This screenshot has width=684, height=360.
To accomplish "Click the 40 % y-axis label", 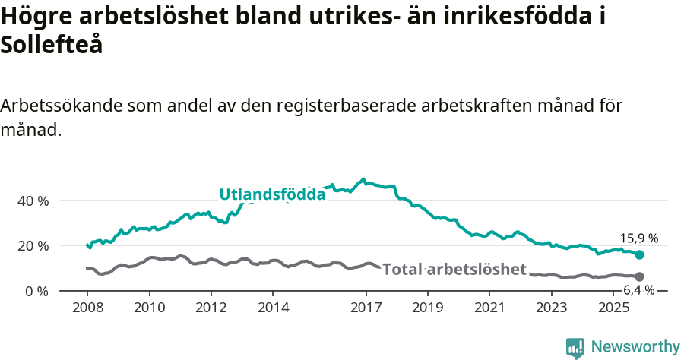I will point(32,201).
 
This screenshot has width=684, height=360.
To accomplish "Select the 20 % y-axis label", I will point(32,246).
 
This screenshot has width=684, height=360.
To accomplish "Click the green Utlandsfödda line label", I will point(272,194).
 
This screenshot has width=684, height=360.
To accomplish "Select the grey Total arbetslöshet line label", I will point(454,270).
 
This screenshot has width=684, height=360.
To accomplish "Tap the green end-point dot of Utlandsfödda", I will point(640,255).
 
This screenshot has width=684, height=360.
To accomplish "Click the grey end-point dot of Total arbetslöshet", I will point(640,276).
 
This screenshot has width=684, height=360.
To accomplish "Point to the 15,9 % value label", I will point(639,238).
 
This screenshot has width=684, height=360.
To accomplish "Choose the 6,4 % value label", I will point(638,290).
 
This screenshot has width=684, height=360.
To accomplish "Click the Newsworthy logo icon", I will point(575,347).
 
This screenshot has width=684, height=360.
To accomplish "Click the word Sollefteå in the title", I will point(52,45).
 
